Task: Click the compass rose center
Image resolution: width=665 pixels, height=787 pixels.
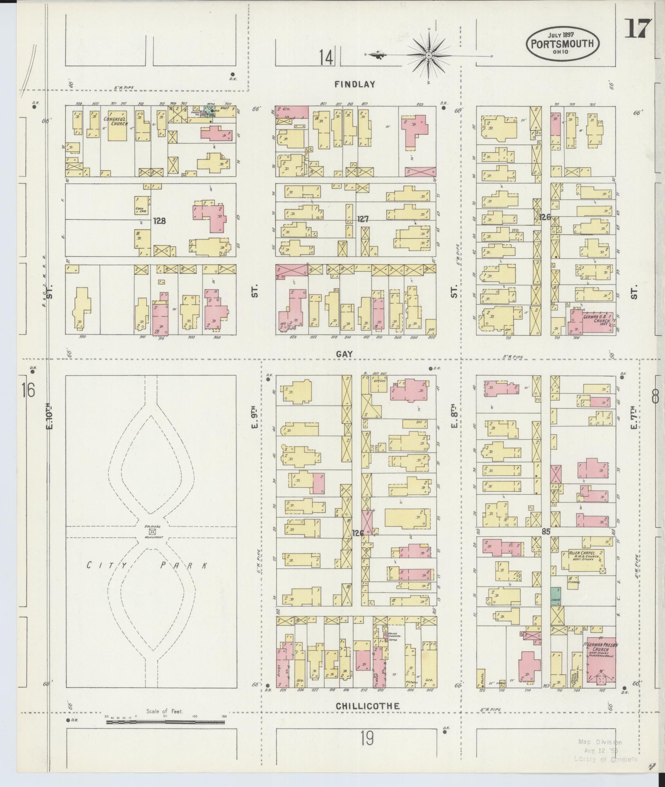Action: [x=429, y=55]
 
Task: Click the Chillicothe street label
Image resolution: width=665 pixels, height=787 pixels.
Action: [x=367, y=706]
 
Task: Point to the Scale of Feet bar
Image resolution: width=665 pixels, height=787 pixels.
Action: [x=165, y=722]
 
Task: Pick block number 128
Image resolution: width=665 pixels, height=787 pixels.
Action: [x=159, y=221]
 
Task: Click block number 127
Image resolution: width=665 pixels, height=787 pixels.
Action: [x=363, y=219]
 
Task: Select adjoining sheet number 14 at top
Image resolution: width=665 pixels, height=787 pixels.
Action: [x=326, y=57]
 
